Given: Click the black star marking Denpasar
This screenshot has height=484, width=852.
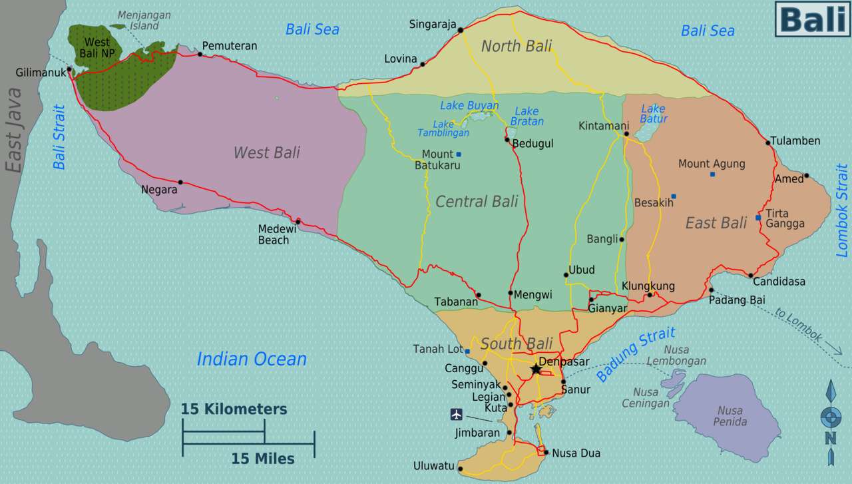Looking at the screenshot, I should coord(536,369).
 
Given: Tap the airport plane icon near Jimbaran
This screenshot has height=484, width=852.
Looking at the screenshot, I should coord(456,415).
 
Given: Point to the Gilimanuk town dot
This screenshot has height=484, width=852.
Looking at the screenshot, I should coord(69,69).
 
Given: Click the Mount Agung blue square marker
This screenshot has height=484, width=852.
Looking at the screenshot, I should coord(712,174).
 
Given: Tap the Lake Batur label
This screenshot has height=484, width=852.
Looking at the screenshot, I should coord(653,114).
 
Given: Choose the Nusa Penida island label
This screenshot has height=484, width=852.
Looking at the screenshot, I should coord(730,416).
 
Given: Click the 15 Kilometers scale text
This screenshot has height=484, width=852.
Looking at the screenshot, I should coord(234,409).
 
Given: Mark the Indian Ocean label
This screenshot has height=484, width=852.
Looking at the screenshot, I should coord(252,359).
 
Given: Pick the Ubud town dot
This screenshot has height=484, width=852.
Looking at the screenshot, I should coord(566,274).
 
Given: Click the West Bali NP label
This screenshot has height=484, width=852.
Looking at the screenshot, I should coord(97,47).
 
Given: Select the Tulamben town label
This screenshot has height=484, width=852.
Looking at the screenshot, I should coord(795,141).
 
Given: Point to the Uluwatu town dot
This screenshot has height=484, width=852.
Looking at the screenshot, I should coord(460,467).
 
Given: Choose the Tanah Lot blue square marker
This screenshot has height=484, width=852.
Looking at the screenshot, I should coord(467,352).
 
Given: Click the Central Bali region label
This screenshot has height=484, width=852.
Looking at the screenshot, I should coord(477,201).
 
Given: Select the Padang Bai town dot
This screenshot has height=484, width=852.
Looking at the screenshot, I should coord(711,290).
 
